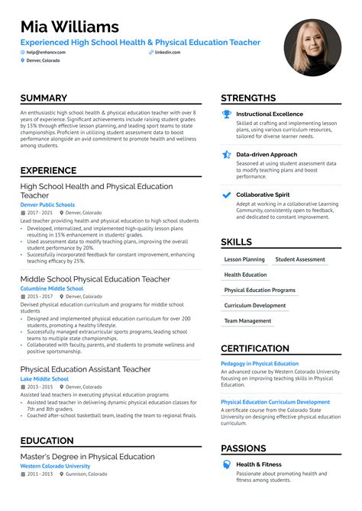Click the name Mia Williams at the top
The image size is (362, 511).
coord(69,28)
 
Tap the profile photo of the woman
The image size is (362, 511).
coord(312,47)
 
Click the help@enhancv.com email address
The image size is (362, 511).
coord(47,52)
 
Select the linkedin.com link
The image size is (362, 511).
coord(167,52)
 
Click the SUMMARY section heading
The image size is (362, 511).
coord(44,98)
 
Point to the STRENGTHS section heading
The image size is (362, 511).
coord(248,98)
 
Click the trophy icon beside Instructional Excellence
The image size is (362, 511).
coord(226,114)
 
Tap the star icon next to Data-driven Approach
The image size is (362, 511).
coord(226,154)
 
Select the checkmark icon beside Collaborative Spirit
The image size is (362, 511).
coord(226,194)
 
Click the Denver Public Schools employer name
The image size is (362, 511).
coord(47,204)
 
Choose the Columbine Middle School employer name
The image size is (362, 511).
coord(52,289)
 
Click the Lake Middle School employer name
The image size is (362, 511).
coord(44,379)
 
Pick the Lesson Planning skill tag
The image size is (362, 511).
coord(244,259)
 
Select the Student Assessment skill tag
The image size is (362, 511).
coord(300,259)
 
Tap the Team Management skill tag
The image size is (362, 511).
coord(247,321)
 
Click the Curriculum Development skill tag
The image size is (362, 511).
coord(255,306)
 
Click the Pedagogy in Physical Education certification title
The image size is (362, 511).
coord(260,364)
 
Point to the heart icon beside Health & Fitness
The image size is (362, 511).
coord(226,464)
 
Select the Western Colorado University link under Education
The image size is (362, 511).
coord(55,466)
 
